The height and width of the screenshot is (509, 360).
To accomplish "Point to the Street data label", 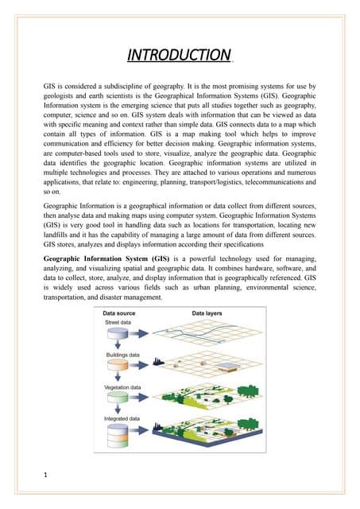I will tap(118, 322).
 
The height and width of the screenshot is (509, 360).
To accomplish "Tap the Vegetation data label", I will tap(125, 387).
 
